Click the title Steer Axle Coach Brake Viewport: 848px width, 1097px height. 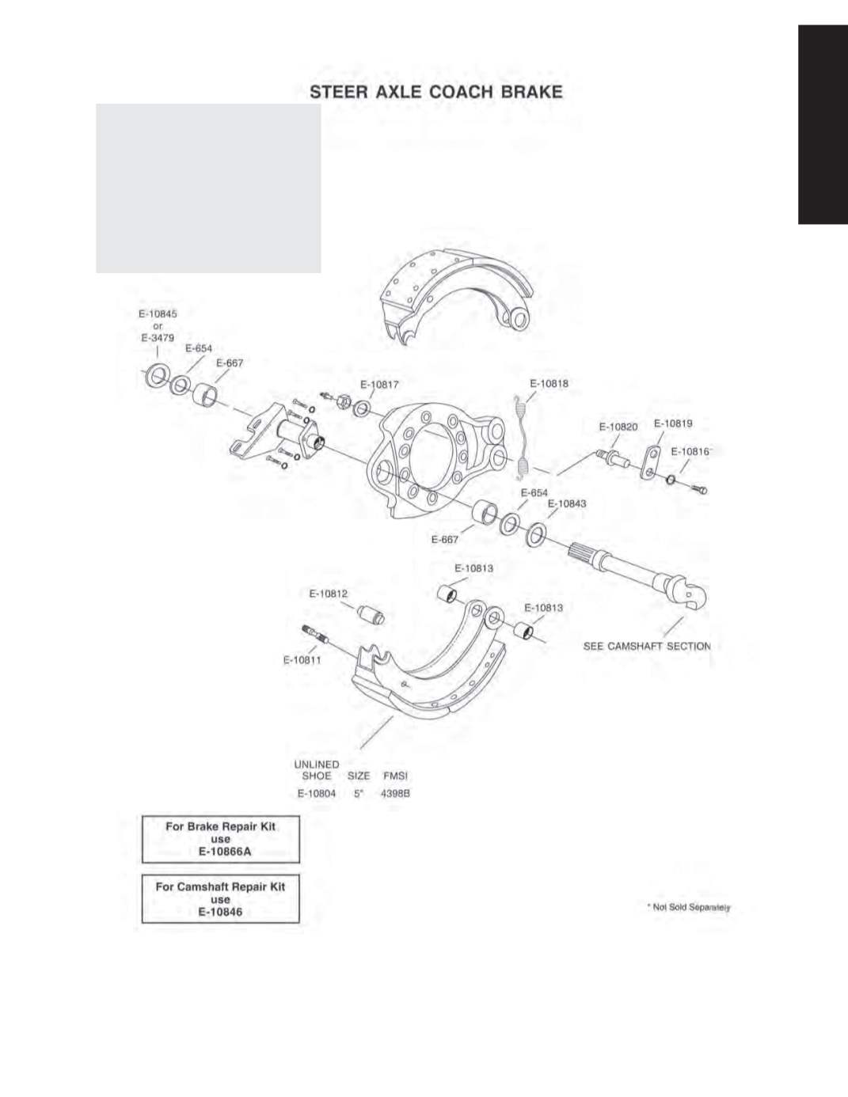[435, 92]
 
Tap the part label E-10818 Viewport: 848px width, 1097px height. [549, 383]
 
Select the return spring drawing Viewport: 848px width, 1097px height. [522, 436]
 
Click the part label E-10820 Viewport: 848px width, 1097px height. [618, 427]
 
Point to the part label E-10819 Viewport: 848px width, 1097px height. [673, 423]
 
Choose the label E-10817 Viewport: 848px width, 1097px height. [379, 384]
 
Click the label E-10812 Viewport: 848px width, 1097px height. [329, 594]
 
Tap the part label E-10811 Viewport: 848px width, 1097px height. [302, 660]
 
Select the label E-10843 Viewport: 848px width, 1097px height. [567, 503]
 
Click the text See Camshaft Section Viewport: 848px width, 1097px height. [646, 646]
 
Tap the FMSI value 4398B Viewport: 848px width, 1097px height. [395, 794]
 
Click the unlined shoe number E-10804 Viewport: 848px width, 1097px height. [316, 794]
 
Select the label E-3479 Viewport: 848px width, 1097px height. [158, 338]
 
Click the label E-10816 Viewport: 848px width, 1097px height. [690, 452]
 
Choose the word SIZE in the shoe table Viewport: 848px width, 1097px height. [359, 776]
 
